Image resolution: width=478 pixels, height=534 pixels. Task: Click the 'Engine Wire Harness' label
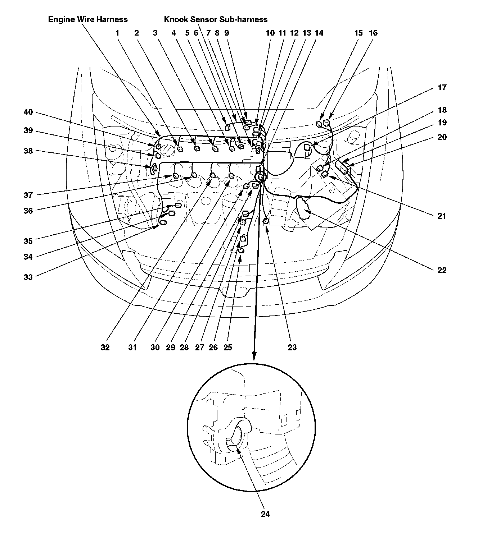(88, 19)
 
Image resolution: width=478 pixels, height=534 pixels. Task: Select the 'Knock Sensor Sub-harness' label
(216, 19)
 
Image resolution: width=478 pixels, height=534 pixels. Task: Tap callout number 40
(28, 112)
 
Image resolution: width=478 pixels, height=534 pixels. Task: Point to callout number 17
(442, 88)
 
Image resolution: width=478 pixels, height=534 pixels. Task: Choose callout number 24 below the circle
(265, 514)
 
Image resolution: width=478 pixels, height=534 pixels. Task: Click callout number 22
(442, 270)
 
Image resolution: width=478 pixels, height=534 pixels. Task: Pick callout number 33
(28, 277)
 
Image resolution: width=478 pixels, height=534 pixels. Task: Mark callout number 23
(292, 347)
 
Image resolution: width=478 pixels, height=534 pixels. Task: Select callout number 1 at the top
(117, 33)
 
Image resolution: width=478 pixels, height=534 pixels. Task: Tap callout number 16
(373, 33)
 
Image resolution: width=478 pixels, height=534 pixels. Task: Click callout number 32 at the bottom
(105, 347)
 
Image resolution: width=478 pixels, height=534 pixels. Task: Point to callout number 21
(442, 216)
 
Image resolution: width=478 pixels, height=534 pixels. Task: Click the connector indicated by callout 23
(266, 221)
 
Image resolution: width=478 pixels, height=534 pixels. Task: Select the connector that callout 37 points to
(176, 176)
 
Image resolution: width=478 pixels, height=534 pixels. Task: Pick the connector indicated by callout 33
(163, 222)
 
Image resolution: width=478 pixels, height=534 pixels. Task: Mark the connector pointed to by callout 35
(178, 205)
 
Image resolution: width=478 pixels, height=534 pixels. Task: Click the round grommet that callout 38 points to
(153, 167)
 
